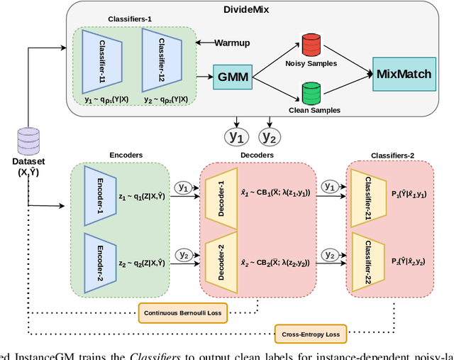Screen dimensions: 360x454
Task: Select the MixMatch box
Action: (404, 74)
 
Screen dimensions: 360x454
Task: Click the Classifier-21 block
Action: (367, 195)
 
